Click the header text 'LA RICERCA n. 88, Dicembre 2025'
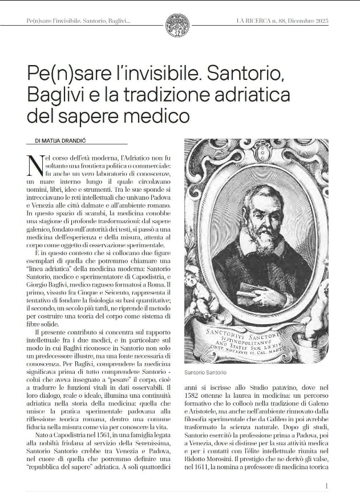pyautogui.click(x=282, y=22)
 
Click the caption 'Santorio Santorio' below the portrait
pyautogui.click(x=205, y=372)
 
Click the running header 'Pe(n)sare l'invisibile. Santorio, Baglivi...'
pyautogui.click(x=78, y=22)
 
